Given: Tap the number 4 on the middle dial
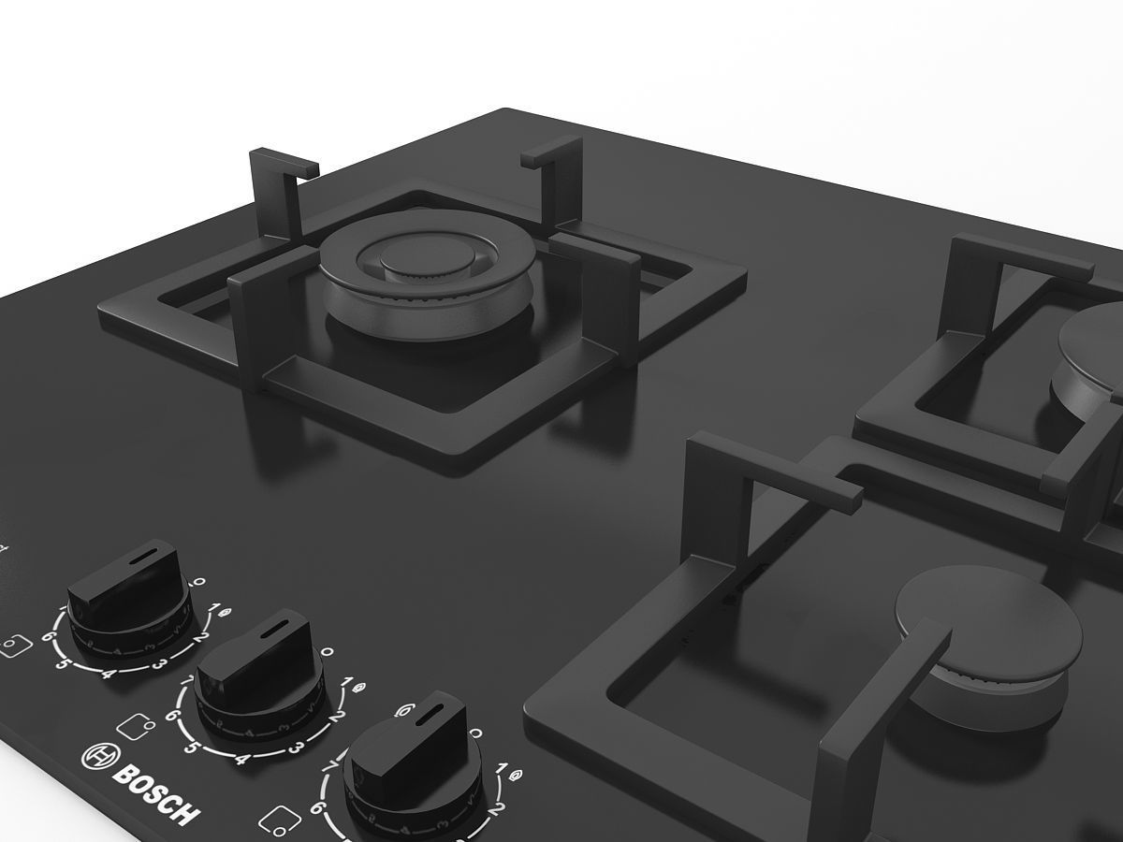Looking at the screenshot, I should tap(242, 759).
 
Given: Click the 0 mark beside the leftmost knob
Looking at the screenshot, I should tap(198, 582).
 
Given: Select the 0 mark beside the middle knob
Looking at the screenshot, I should tap(327, 651).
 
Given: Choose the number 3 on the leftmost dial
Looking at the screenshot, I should tap(160, 664).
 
